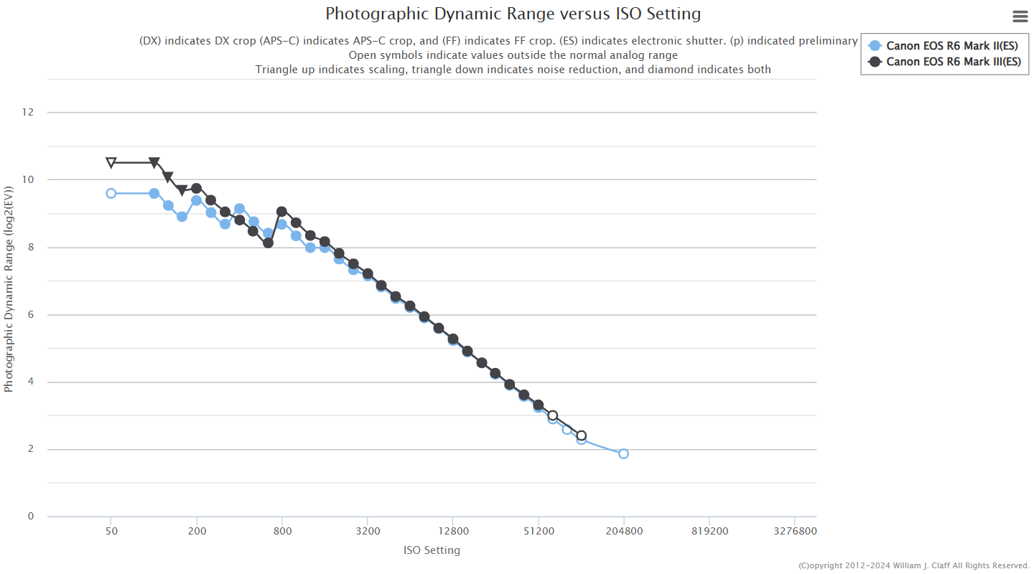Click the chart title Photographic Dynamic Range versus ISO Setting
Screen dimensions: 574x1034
coord(513,14)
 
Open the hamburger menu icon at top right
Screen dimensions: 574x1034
coord(1020,17)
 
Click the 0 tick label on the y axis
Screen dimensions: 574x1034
coord(31,517)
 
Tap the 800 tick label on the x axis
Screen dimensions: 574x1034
coord(282,532)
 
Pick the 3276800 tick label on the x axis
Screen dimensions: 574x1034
coord(795,532)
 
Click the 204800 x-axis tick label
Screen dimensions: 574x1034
coord(623,532)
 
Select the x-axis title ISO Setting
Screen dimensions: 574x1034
coord(432,550)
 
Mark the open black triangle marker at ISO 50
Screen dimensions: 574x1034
coord(111,163)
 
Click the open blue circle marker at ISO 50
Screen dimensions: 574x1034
coord(111,193)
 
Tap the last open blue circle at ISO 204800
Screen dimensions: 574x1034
coord(623,453)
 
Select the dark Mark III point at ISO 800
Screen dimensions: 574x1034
coord(281,212)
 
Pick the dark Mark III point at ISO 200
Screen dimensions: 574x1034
coord(196,188)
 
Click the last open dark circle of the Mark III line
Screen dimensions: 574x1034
coord(581,436)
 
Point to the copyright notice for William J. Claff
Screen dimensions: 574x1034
coord(913,565)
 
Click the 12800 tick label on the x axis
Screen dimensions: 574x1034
coord(452,532)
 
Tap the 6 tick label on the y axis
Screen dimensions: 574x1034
coord(31,315)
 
